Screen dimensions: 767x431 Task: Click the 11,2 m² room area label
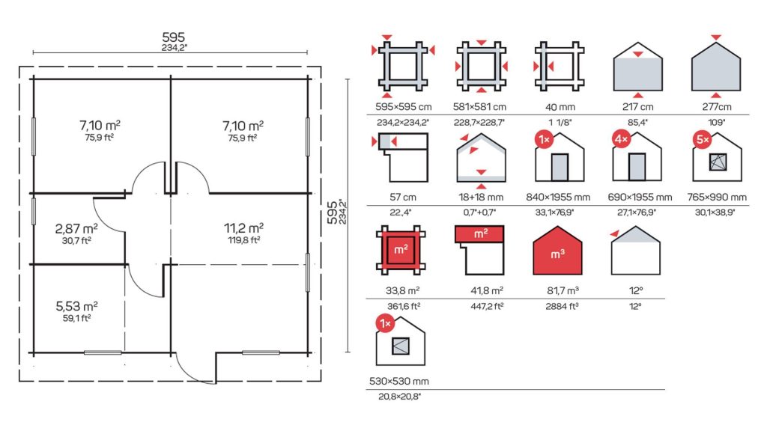click(243, 228)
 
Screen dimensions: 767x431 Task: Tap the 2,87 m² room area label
click(76, 229)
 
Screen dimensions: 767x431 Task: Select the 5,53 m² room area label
click(77, 306)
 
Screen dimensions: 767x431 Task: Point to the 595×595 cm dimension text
click(403, 107)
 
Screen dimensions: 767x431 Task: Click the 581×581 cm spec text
click(479, 107)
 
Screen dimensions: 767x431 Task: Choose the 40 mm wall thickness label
click(560, 107)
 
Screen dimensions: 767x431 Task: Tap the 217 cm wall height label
click(637, 107)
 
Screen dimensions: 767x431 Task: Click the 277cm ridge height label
click(717, 107)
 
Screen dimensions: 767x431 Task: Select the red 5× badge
click(703, 140)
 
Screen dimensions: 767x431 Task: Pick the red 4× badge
click(621, 139)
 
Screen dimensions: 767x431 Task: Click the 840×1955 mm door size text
click(558, 198)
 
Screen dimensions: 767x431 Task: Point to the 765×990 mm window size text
click(717, 198)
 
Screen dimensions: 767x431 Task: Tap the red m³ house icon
click(557, 250)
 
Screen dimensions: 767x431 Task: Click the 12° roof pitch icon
click(635, 250)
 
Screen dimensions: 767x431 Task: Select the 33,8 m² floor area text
click(402, 291)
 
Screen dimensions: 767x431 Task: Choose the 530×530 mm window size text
click(399, 381)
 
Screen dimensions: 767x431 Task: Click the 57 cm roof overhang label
click(402, 198)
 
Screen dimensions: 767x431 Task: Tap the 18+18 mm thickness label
click(480, 198)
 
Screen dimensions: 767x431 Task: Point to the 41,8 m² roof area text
click(487, 291)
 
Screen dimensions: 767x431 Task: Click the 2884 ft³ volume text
click(562, 307)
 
